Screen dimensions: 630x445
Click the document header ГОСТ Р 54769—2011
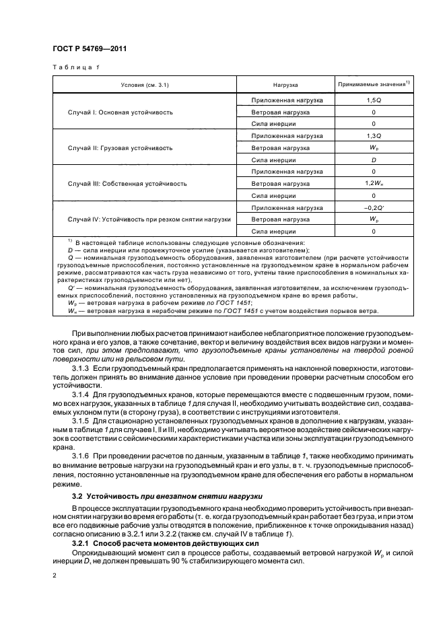[91, 48]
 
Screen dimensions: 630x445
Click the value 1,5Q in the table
[373, 100]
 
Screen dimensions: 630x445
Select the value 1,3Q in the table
[373, 135]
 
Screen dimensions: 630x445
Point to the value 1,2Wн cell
[373, 183]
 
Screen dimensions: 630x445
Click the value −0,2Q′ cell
[373, 207]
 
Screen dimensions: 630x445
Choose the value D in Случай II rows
[373, 160]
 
